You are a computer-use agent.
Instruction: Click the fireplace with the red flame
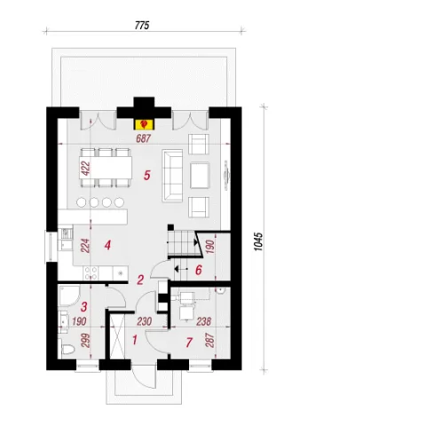tap(145, 124)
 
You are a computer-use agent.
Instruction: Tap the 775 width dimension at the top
tap(142, 26)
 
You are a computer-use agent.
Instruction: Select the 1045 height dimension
tap(258, 241)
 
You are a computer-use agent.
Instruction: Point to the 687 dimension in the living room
tap(144, 138)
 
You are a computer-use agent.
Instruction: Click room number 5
tap(147, 175)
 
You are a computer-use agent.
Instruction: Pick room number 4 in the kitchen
tap(107, 245)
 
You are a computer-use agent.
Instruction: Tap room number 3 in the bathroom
tap(84, 306)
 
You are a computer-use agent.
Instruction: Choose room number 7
tap(189, 342)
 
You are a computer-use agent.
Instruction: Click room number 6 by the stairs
tap(199, 270)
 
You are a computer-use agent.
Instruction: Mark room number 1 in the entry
tap(135, 340)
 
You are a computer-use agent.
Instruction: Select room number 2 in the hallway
tap(140, 279)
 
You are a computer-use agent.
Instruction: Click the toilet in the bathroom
tap(67, 349)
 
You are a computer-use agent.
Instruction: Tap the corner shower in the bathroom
tap(69, 295)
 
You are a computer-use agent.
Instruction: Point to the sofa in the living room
tap(172, 176)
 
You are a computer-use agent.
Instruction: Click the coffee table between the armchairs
tap(200, 176)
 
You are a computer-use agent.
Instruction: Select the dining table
tap(107, 168)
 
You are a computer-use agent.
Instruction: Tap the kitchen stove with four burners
tap(91, 273)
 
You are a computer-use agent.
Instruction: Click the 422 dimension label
tap(85, 168)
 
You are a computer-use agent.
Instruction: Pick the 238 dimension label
tap(203, 321)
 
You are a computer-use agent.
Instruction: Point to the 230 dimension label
tap(145, 321)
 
